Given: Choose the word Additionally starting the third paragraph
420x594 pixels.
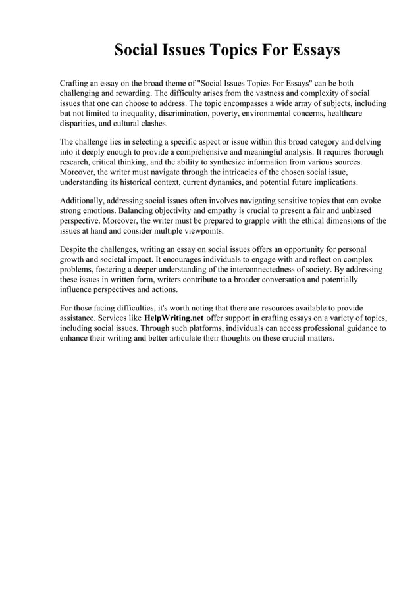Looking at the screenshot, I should [x=84, y=200].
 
